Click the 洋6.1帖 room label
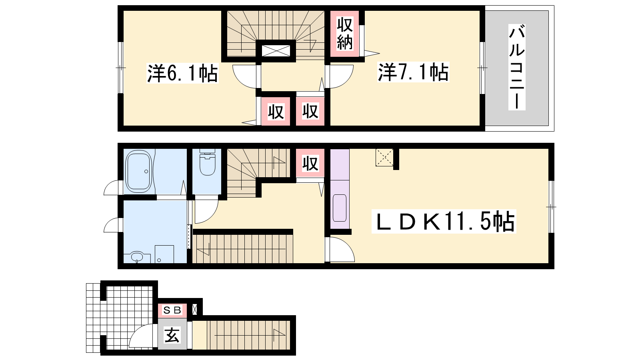(182, 73)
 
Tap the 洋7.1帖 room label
(413, 72)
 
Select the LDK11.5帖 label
(444, 222)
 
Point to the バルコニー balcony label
(517, 67)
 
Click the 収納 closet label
(344, 34)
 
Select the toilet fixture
(208, 162)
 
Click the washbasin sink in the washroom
(138, 256)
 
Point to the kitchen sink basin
(340, 208)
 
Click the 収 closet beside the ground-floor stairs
(310, 164)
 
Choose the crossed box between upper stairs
(276, 51)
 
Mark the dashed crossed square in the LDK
(384, 158)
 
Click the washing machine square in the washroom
(164, 254)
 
